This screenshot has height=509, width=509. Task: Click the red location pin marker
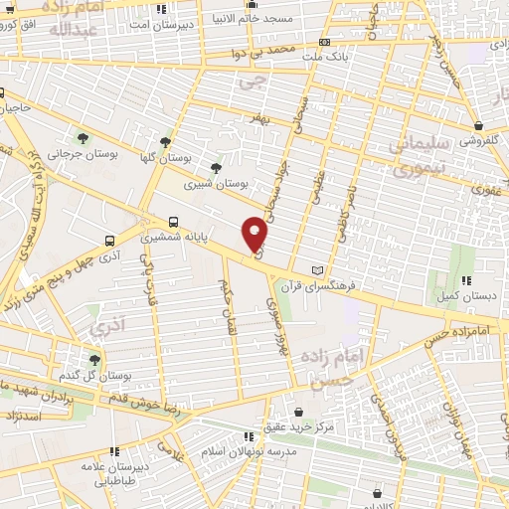point(255,233)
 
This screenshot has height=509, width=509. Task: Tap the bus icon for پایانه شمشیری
point(175,222)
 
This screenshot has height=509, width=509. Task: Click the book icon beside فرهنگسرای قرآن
point(317,269)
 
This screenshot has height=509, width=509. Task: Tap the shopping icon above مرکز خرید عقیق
point(299,410)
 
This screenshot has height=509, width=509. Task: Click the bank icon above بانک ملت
point(325,43)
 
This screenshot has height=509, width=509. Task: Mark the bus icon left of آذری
point(110,240)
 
